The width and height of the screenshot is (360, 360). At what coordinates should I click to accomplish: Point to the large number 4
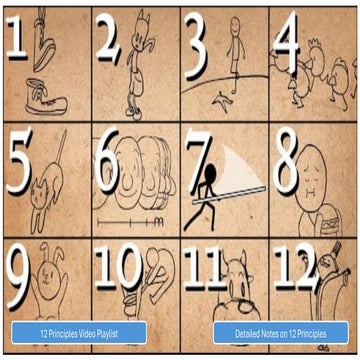[288, 40]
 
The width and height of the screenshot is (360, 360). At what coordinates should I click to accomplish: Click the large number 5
[21, 160]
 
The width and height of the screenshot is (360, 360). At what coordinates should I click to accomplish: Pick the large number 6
[108, 160]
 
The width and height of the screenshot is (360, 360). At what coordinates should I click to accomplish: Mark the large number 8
[287, 160]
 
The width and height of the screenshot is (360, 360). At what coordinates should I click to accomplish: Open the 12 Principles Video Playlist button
[79, 331]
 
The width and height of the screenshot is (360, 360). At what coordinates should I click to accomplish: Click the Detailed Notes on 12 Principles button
[280, 331]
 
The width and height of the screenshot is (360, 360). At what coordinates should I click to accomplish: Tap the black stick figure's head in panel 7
[211, 172]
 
